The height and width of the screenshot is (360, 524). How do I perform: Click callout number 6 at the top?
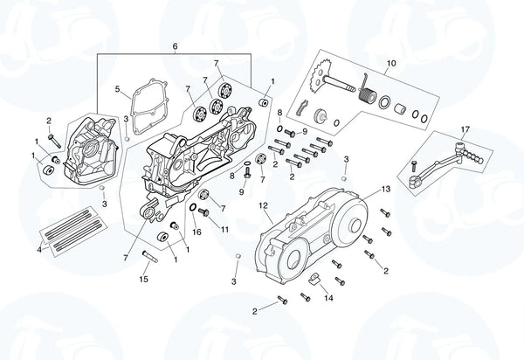click(x=175, y=46)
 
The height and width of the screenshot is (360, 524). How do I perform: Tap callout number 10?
click(x=391, y=63)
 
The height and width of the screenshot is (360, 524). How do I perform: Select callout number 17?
click(x=465, y=130)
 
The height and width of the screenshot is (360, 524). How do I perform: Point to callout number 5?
click(x=117, y=88)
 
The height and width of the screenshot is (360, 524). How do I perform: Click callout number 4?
click(x=39, y=250)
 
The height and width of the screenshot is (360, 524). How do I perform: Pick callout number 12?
click(x=263, y=207)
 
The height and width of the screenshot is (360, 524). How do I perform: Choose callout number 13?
click(x=385, y=189)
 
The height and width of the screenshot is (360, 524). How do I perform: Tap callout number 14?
click(x=328, y=298)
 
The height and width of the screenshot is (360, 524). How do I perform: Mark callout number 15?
click(x=144, y=279)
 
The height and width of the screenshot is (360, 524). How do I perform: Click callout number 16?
click(x=196, y=232)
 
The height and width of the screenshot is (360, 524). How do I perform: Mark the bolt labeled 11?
click(x=204, y=211)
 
